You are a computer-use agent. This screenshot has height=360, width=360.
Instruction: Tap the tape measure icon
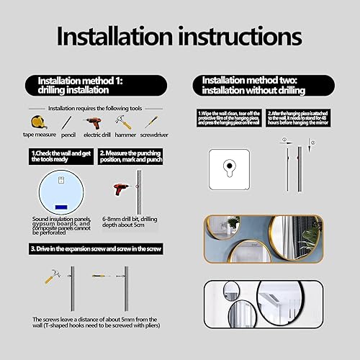point(37,122)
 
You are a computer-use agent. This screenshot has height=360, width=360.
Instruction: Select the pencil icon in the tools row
point(66,122)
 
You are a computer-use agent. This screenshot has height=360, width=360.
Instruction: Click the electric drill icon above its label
point(93,122)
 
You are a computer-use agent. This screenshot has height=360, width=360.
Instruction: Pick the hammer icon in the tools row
point(122,122)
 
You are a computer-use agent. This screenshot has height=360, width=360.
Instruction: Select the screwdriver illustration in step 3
point(99,276)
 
